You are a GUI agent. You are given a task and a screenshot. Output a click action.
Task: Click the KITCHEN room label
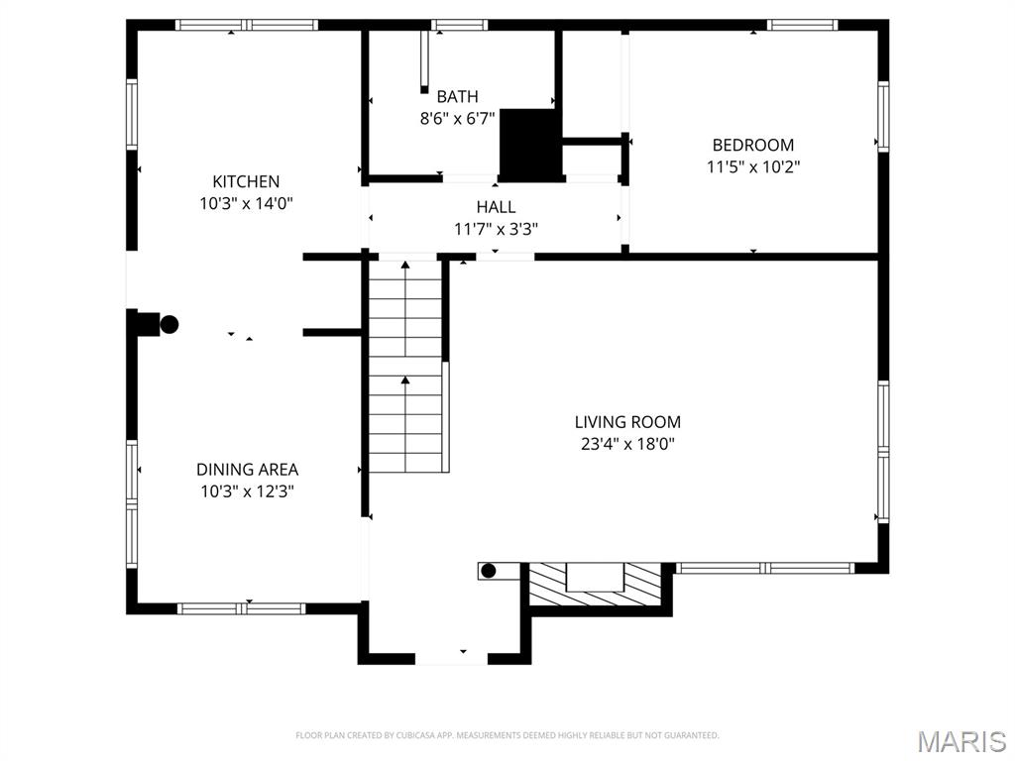(x=246, y=181)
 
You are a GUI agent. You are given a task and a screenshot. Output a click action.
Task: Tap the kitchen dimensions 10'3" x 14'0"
(x=246, y=204)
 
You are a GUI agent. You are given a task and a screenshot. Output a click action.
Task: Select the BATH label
(x=458, y=97)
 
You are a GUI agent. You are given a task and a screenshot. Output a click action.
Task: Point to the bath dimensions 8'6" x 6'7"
(x=458, y=119)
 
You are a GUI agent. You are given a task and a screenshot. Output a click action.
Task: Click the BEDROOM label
(x=753, y=145)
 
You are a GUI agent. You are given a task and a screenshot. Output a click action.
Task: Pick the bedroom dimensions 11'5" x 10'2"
(x=753, y=166)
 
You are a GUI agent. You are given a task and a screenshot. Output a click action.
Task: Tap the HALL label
(x=496, y=207)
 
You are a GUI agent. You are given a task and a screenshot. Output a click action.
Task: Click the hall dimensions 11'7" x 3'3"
(x=496, y=229)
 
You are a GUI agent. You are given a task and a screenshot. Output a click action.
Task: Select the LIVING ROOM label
(x=627, y=422)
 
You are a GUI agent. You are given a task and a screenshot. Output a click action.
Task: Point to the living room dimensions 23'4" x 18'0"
(x=627, y=444)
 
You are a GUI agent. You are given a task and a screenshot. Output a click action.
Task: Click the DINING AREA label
(x=247, y=469)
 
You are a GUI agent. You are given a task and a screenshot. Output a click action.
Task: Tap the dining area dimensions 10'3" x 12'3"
(x=247, y=491)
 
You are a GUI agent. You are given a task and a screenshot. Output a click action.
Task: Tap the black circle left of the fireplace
(x=489, y=571)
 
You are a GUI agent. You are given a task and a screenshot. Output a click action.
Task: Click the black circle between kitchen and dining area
(x=169, y=324)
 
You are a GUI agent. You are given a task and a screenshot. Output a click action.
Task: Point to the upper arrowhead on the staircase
(x=405, y=265)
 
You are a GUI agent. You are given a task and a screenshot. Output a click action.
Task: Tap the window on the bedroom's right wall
(x=883, y=117)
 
